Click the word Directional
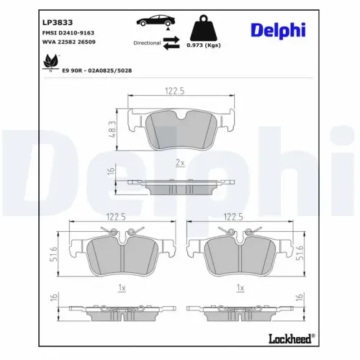[x=147, y=43]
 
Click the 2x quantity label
[x=179, y=163]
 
